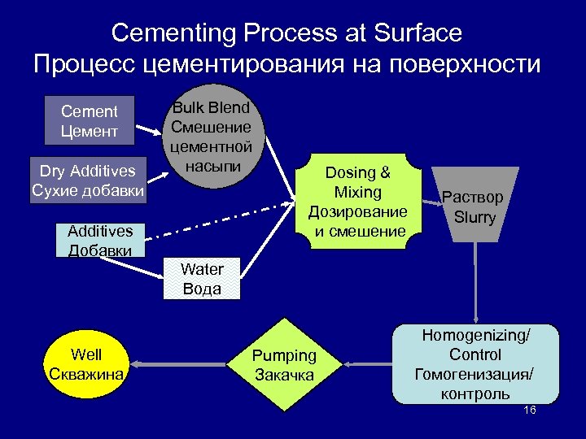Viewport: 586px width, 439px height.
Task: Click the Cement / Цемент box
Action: pyautogui.click(x=90, y=121)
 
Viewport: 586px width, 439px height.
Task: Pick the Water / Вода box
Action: pyautogui.click(x=203, y=279)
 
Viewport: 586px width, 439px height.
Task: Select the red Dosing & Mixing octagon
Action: pyautogui.click(x=357, y=202)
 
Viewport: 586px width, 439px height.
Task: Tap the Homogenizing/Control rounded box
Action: pyautogui.click(x=475, y=364)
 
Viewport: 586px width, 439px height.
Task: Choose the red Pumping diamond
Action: pyautogui.click(x=284, y=365)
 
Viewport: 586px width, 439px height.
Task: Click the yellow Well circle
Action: pyautogui.click(x=86, y=364)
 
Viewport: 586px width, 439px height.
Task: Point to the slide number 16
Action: pyautogui.click(x=530, y=411)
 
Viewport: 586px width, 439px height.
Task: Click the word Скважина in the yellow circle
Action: pyautogui.click(x=86, y=374)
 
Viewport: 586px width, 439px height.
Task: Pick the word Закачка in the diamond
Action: pyautogui.click(x=284, y=375)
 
